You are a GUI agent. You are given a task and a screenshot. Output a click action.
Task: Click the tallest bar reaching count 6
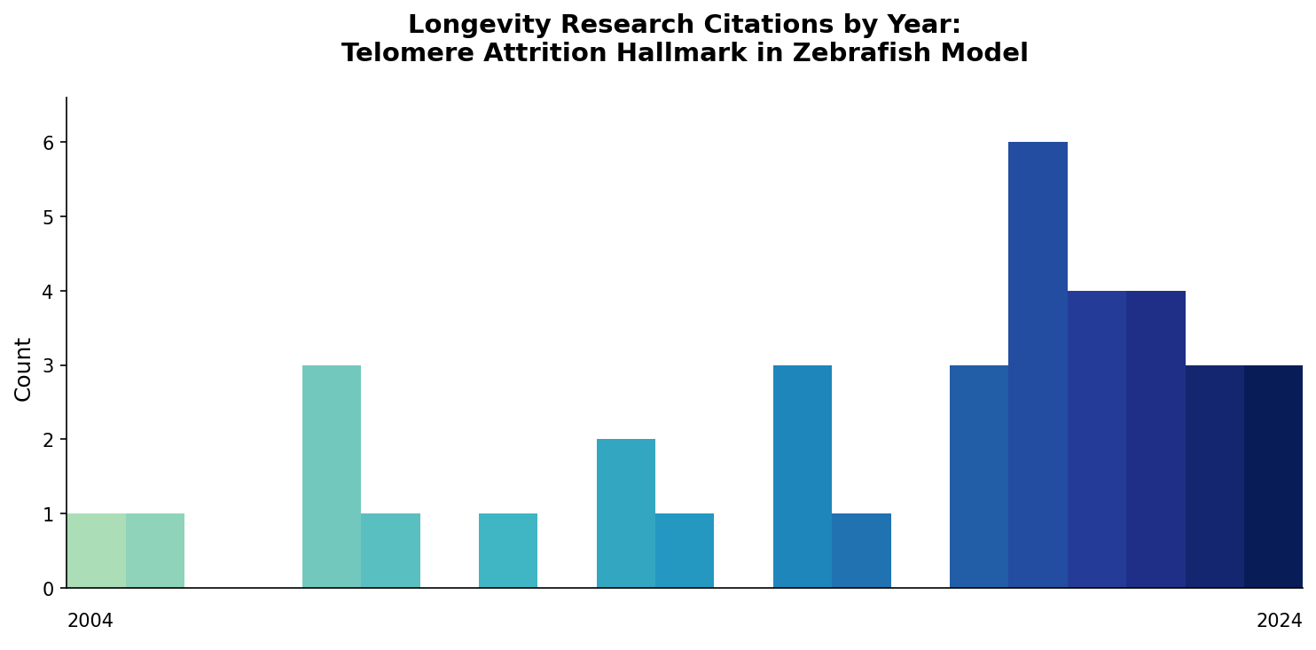1038,364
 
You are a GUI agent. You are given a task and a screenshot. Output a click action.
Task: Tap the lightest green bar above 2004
96,551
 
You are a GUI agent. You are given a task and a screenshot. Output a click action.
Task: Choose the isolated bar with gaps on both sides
507,551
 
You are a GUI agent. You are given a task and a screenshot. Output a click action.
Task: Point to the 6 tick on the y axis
49,143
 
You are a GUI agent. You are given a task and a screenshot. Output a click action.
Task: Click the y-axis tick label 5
49,217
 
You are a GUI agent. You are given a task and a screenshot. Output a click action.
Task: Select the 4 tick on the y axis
49,292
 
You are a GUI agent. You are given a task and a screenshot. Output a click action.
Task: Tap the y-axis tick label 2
49,440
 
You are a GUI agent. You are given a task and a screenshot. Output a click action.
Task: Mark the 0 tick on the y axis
49,589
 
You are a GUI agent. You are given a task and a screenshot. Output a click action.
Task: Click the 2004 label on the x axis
90,622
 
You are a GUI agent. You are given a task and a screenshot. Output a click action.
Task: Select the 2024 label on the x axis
1279,622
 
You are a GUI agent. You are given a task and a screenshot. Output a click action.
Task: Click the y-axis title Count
24,369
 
